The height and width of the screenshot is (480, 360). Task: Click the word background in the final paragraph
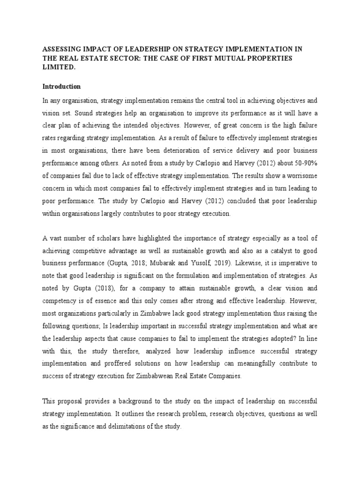[x=124, y=401]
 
